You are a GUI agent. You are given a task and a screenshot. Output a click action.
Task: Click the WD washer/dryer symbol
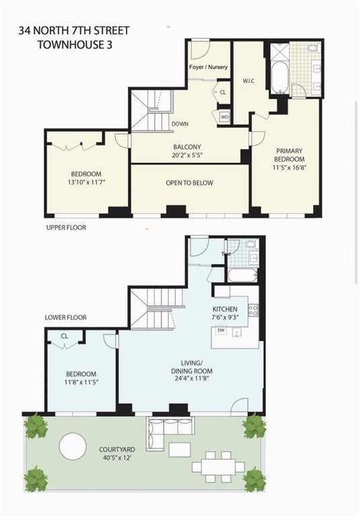pyautogui.click(x=225, y=117)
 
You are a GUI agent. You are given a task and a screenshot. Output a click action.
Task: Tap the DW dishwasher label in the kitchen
pyautogui.click(x=221, y=330)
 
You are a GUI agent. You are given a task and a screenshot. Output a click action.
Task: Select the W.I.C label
pyautogui.click(x=248, y=81)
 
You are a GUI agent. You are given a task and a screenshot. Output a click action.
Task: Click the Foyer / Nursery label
pyautogui.click(x=209, y=67)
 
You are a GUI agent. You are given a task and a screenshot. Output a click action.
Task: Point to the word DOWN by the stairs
pyautogui.click(x=180, y=124)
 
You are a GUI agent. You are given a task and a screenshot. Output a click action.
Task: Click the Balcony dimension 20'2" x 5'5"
pyautogui.click(x=187, y=155)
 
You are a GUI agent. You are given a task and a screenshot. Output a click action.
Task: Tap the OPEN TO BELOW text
pyautogui.click(x=190, y=182)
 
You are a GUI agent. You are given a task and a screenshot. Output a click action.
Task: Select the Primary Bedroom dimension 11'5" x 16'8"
pyautogui.click(x=290, y=167)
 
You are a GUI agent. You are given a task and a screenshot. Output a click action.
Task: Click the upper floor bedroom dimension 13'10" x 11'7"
pyautogui.click(x=86, y=182)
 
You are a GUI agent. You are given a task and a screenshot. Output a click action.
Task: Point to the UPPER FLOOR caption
pyautogui.click(x=66, y=228)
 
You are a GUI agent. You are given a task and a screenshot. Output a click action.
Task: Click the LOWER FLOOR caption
pyautogui.click(x=66, y=318)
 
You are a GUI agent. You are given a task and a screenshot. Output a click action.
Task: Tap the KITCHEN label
pyautogui.click(x=225, y=309)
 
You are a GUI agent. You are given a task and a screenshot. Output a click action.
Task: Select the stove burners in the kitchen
pyautogui.click(x=253, y=310)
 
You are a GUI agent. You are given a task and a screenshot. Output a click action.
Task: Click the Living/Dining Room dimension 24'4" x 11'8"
pyautogui.click(x=192, y=378)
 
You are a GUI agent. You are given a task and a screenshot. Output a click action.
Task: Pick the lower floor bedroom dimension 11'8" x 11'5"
pyautogui.click(x=81, y=382)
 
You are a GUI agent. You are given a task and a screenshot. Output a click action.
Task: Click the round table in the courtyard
pyautogui.click(x=73, y=446)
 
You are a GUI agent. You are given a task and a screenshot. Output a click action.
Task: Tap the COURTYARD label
pyautogui.click(x=117, y=450)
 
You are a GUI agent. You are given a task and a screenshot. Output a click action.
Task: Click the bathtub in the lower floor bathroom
pyautogui.click(x=242, y=275)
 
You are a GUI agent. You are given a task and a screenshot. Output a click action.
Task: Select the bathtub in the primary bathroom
pyautogui.click(x=280, y=77)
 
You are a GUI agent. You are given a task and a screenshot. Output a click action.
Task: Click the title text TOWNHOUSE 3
pyautogui.click(x=75, y=45)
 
